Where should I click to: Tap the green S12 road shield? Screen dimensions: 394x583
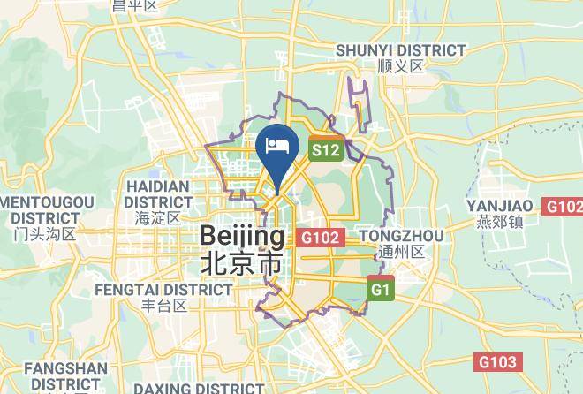[324, 151]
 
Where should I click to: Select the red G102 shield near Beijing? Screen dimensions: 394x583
[320, 238]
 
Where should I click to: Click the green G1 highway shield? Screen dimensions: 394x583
[381, 289]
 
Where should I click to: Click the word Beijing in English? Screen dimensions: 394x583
[243, 236]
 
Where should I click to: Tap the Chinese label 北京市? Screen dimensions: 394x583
[242, 263]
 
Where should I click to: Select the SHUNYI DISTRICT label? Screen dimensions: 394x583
[400, 50]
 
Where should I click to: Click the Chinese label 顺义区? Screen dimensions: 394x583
[400, 66]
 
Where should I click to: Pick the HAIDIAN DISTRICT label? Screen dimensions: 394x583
[158, 193]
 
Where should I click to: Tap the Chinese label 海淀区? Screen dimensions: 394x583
[158, 217]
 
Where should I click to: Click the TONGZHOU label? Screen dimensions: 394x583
[400, 236]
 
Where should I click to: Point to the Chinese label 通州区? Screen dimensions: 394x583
[400, 252]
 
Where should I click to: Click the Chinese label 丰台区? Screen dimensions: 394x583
[165, 306]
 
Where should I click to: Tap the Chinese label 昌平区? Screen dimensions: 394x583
[135, 6]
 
